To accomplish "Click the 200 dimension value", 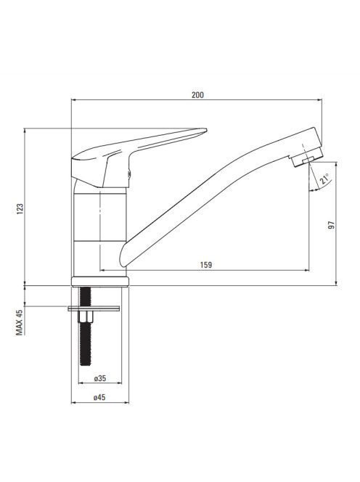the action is coord(197,95).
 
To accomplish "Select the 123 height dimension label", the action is coord(20,209).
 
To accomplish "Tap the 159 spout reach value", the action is coord(206,265).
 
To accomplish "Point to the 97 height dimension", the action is coord(332,225).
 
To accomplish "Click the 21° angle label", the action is coord(324,179).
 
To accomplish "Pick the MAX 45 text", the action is coord(20,322).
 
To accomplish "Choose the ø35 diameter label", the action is coord(100,378).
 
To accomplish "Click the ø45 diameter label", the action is coord(99,398).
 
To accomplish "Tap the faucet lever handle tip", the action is coord(206,131).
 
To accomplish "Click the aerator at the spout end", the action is coord(307,157).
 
